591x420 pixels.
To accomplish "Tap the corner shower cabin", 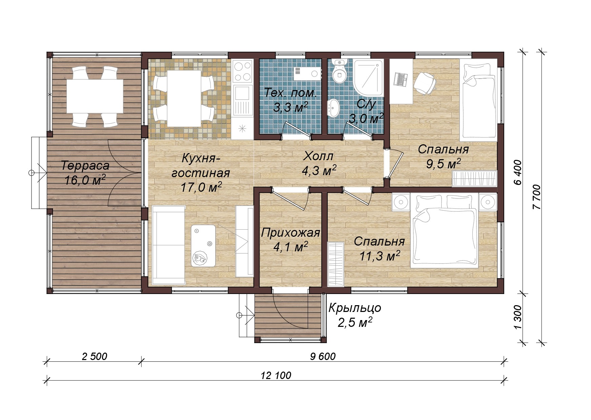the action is tap(368, 78).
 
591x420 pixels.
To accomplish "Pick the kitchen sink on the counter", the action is tap(243, 100).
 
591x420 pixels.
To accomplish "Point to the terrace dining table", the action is tap(95, 96).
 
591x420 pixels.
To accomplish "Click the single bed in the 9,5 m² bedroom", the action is tap(478, 100).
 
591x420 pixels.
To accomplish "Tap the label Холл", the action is tap(318, 156).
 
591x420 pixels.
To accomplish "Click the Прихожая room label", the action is tap(291, 233).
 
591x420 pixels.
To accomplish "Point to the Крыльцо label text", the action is tap(355, 308).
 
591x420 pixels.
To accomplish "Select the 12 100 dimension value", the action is tap(276, 375).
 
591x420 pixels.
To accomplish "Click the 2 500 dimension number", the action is tap(95, 356).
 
